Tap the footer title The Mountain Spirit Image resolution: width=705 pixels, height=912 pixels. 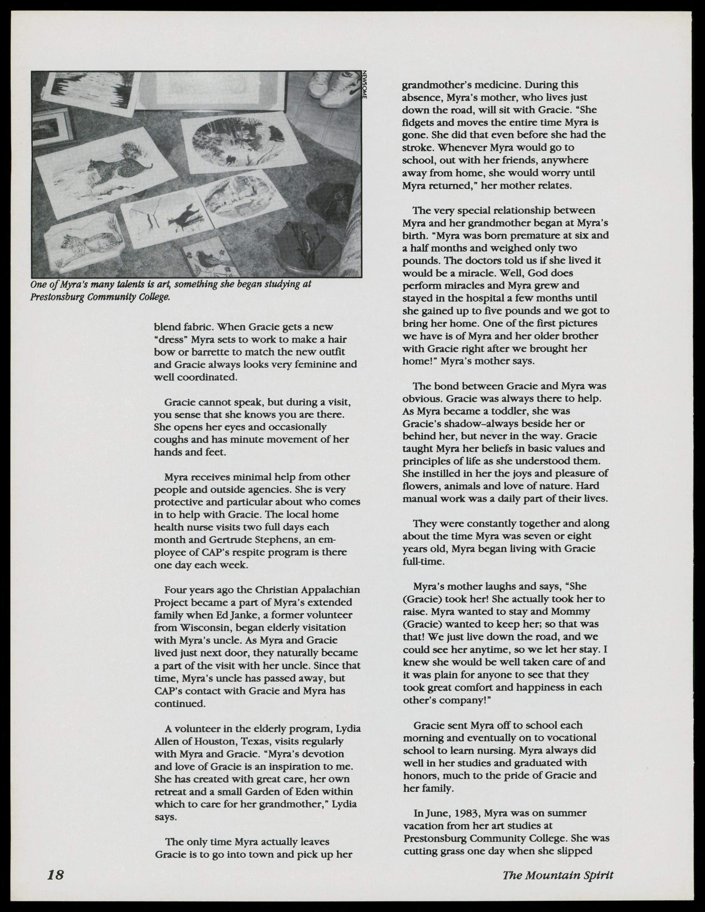pos(557,874)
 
